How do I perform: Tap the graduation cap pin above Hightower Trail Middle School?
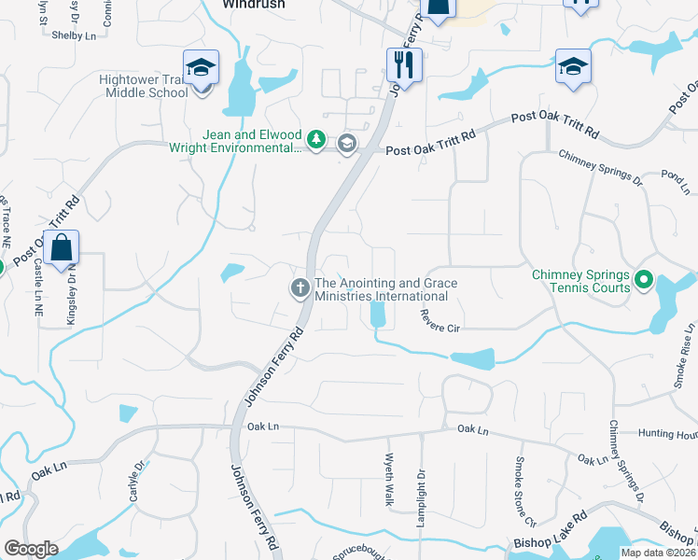pos(201,67)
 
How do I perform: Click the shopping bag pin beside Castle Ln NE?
pos(61,249)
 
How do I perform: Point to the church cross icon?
pos(300,288)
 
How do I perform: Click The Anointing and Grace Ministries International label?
pos(382,289)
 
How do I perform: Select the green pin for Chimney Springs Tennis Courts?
pos(643,279)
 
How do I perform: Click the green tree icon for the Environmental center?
pos(317,140)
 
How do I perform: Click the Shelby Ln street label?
pos(75,35)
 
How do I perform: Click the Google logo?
pos(31,549)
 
